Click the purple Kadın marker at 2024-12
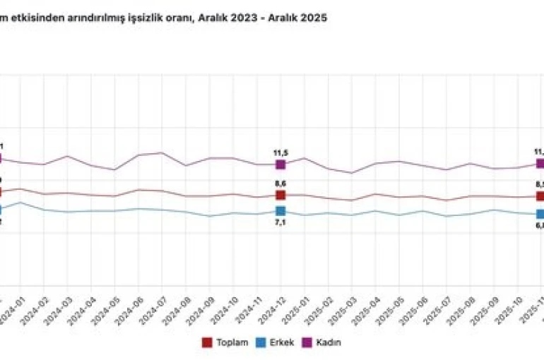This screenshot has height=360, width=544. point(280,164)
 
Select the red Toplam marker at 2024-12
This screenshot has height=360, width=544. point(280,195)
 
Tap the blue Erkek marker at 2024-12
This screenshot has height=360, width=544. point(280,210)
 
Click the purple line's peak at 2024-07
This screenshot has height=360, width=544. point(162,152)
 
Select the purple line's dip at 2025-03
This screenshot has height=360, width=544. point(352,173)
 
